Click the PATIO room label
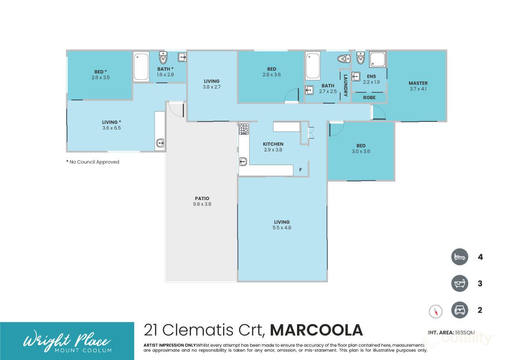pyautogui.click(x=202, y=198)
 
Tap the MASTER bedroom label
pyautogui.click(x=418, y=83)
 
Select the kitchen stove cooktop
pyautogui.click(x=244, y=129)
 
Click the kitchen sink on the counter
pyautogui.click(x=243, y=162)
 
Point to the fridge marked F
pyautogui.click(x=300, y=170)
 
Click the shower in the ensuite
pyautogui.click(x=378, y=60)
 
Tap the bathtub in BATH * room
pyautogui.click(x=141, y=67)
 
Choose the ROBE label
pyautogui.click(x=369, y=97)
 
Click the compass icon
pyautogui.click(x=435, y=311)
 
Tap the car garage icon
pyautogui.click(x=460, y=310)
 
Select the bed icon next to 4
pyautogui.click(x=460, y=257)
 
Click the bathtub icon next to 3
pyautogui.click(x=460, y=283)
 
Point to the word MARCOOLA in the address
pyautogui.click(x=316, y=330)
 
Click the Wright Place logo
pyautogui.click(x=67, y=341)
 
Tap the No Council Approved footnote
pyautogui.click(x=93, y=162)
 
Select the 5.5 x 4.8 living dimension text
pyautogui.click(x=282, y=228)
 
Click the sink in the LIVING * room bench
pyautogui.click(x=160, y=143)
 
